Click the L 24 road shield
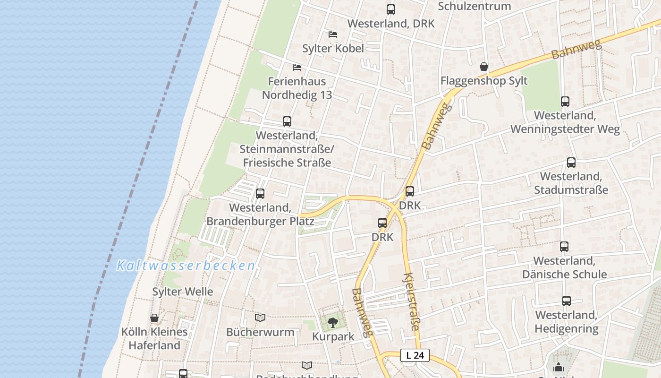415,355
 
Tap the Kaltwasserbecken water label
186,266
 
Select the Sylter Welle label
182,292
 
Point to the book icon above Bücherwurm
260,318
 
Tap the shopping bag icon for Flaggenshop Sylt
484,67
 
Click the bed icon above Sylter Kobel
333,34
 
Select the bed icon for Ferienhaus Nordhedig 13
297,68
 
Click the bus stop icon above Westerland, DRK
391,9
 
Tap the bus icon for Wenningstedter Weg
565,102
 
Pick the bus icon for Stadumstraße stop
571,163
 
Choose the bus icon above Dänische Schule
564,247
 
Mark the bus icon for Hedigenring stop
567,301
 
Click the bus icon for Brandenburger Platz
260,194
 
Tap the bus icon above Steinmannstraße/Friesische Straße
287,121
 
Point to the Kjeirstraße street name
412,301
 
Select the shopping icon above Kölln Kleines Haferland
154,318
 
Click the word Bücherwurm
260,332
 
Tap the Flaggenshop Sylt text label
484,81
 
